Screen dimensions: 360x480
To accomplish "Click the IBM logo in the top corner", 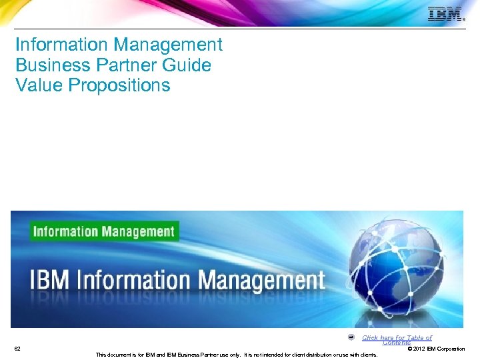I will pyautogui.click(x=445, y=14).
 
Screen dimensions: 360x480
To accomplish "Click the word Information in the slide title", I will pyautogui.click(x=62, y=45).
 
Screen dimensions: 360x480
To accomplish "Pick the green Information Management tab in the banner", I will pyautogui.click(x=103, y=231).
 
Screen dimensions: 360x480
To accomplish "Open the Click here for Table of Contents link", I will pyautogui.click(x=397, y=339).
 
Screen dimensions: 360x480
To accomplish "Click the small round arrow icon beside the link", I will pyautogui.click(x=351, y=337).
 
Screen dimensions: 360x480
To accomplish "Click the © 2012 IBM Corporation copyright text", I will pyautogui.click(x=435, y=349).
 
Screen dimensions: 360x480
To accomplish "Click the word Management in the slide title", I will pyautogui.click(x=168, y=45).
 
